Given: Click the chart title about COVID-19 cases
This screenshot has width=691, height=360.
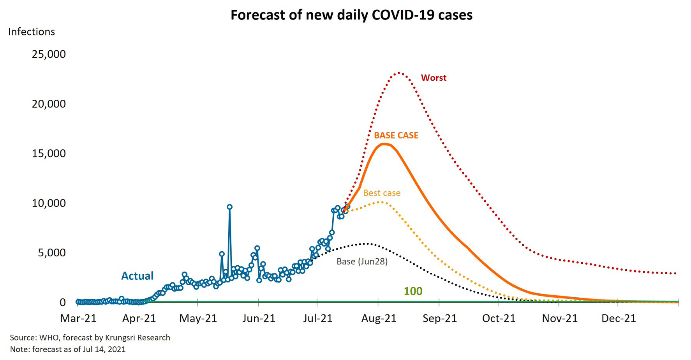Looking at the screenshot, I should pyautogui.click(x=351, y=15).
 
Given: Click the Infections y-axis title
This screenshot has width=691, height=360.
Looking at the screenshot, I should pyautogui.click(x=32, y=32).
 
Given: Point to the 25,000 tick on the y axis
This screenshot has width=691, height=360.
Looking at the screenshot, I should pyautogui.click(x=49, y=54).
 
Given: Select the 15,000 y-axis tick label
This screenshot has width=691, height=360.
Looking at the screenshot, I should pyautogui.click(x=49, y=154).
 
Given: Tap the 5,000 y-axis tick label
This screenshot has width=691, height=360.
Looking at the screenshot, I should pyautogui.click(x=52, y=253).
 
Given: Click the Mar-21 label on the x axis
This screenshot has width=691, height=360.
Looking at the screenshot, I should pyautogui.click(x=78, y=318).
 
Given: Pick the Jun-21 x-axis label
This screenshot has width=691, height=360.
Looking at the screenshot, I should pyautogui.click(x=259, y=318).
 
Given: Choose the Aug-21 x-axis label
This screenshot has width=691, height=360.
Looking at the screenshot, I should pyautogui.click(x=379, y=318).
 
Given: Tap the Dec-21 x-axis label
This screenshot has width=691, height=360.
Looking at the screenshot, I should pyautogui.click(x=619, y=318).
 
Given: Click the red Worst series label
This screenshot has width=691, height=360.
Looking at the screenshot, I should pyautogui.click(x=434, y=78).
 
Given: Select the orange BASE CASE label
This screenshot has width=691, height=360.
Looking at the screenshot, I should pyautogui.click(x=396, y=136).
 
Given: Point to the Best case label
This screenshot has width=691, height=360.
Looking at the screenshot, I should pyautogui.click(x=382, y=193).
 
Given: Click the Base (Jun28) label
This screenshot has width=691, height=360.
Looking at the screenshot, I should pyautogui.click(x=362, y=261).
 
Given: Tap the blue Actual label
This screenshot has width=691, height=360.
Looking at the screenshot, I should pyautogui.click(x=137, y=276).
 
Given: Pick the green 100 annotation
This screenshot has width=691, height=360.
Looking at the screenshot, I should pyautogui.click(x=413, y=291).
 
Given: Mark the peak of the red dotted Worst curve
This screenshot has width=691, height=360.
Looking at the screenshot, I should pyautogui.click(x=399, y=73).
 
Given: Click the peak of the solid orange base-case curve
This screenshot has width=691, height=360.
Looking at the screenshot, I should pyautogui.click(x=384, y=144).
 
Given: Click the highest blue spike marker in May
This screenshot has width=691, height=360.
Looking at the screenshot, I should pyautogui.click(x=230, y=207).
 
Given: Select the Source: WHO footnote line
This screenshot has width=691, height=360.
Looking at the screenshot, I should pyautogui.click(x=90, y=338).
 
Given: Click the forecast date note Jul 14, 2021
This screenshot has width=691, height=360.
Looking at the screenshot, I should pyautogui.click(x=68, y=349).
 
